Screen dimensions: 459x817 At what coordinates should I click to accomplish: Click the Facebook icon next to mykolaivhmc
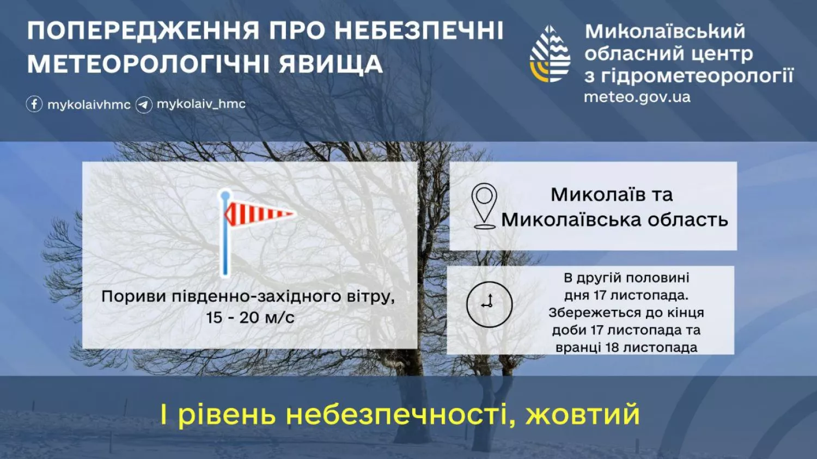click(34, 104)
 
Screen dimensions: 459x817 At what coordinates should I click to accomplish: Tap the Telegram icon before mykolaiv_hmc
click(144, 105)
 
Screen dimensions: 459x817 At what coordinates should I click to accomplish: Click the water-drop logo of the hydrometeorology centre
click(550, 54)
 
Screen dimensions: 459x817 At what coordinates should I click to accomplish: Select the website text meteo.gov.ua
click(637, 97)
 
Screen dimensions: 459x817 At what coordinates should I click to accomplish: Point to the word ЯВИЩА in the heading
click(331, 64)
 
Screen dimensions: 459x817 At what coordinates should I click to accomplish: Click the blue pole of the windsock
click(225, 240)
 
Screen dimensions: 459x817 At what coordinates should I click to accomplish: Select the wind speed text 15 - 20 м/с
click(250, 317)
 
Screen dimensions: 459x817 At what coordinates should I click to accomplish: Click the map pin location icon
click(484, 205)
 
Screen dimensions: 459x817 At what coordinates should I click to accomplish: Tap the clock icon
click(489, 304)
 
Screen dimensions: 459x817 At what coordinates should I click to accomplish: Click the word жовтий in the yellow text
click(582, 414)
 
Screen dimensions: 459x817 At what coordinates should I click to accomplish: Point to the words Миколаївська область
click(614, 220)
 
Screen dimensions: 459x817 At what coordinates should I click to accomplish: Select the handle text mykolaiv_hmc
click(201, 104)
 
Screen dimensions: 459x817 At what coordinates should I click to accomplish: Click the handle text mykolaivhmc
click(89, 105)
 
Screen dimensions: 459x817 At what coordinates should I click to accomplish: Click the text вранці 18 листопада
click(626, 347)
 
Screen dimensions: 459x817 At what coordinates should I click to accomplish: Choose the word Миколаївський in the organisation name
click(664, 32)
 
